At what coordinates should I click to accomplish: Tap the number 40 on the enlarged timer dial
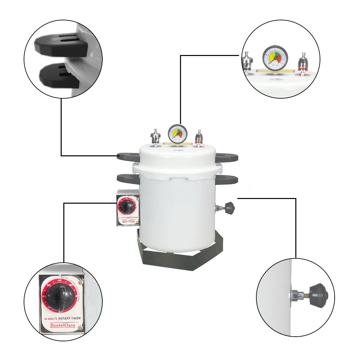coord(60,281)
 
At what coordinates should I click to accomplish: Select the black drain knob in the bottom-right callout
coord(318,296)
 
